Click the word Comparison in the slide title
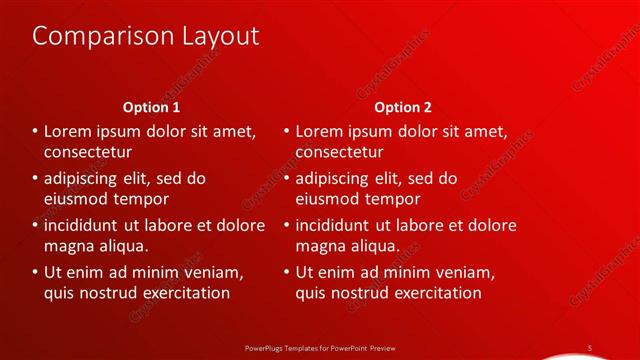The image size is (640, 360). tap(96, 37)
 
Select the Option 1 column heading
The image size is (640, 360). tap(151, 107)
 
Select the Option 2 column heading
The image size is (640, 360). tap(403, 107)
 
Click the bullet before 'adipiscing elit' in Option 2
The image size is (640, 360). tap(287, 179)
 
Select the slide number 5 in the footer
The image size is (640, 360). tap(590, 347)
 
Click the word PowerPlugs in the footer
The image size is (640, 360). tap(268, 347)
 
